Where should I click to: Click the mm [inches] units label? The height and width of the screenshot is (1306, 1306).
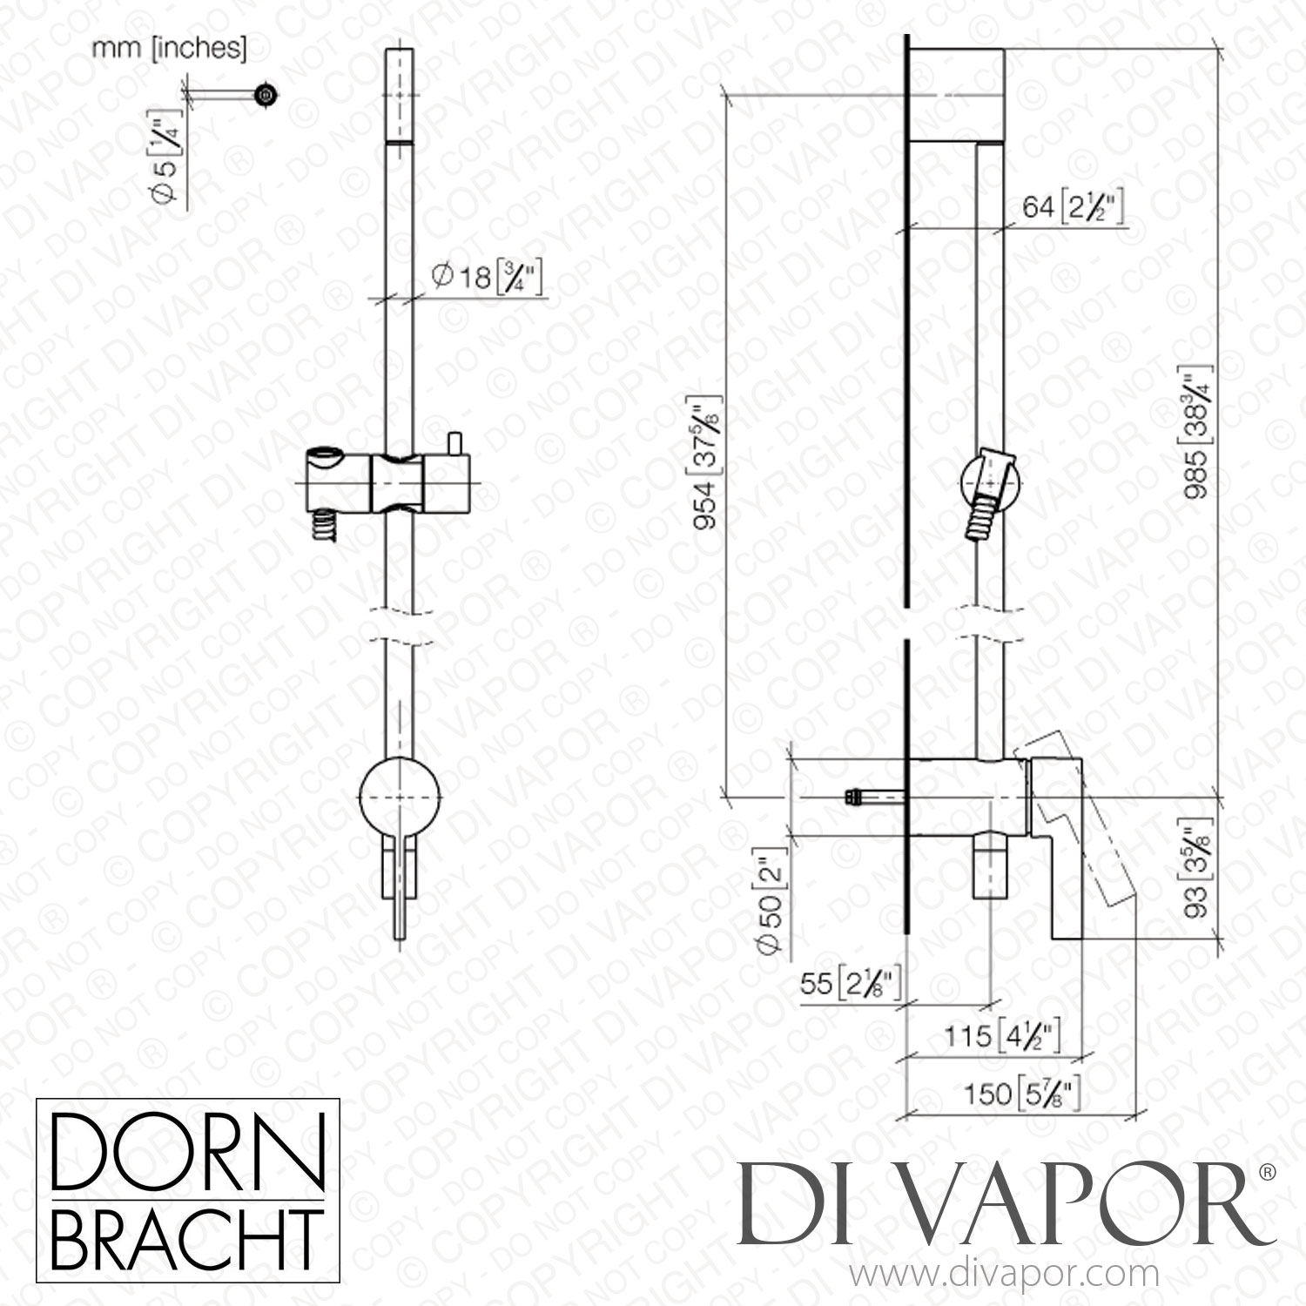coord(170,49)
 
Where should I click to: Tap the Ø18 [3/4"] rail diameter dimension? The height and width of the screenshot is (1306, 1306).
coord(487,279)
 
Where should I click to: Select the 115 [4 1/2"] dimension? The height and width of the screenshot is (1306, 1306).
coord(1001,1036)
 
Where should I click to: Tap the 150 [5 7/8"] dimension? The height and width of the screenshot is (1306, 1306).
coord(1023,1093)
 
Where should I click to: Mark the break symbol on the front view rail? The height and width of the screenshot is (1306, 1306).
coord(401,627)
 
